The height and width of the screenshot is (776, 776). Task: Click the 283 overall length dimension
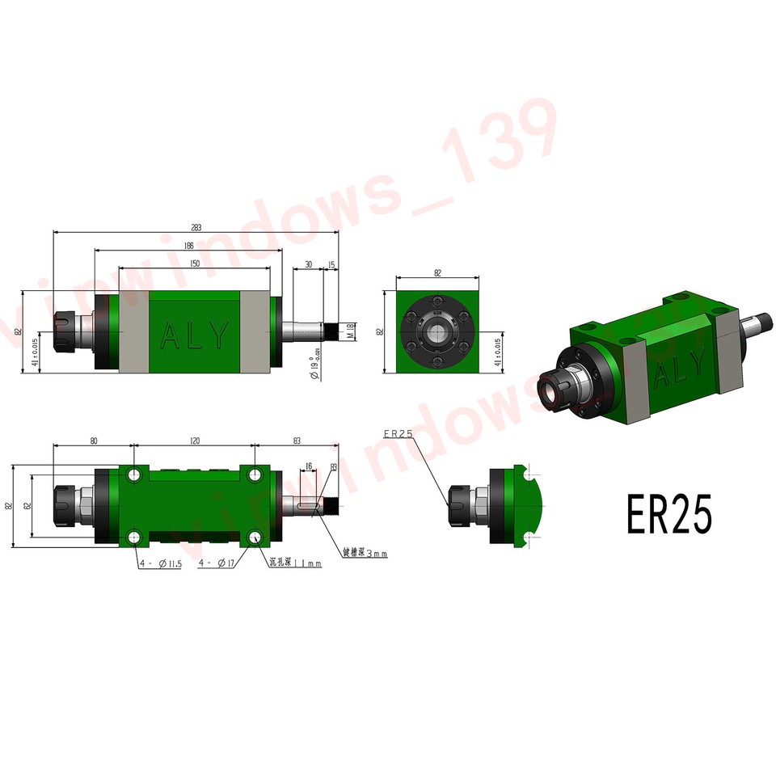click(x=196, y=227)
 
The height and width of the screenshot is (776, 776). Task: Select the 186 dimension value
click(x=188, y=245)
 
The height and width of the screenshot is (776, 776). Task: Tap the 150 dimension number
click(x=195, y=264)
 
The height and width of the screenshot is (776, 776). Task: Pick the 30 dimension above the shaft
click(x=308, y=265)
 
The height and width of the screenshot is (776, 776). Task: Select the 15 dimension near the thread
click(x=331, y=265)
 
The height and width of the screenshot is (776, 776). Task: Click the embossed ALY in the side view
click(x=194, y=334)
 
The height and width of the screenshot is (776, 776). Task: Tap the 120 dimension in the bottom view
click(x=194, y=441)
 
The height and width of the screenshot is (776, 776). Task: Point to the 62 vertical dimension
click(x=27, y=506)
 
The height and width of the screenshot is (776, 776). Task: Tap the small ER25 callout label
click(x=399, y=434)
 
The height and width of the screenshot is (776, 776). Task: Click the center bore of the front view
click(x=438, y=332)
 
